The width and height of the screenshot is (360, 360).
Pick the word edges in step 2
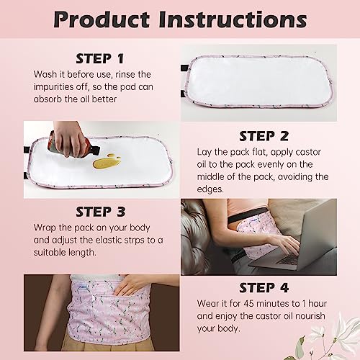pyautogui.click(x=214, y=189)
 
